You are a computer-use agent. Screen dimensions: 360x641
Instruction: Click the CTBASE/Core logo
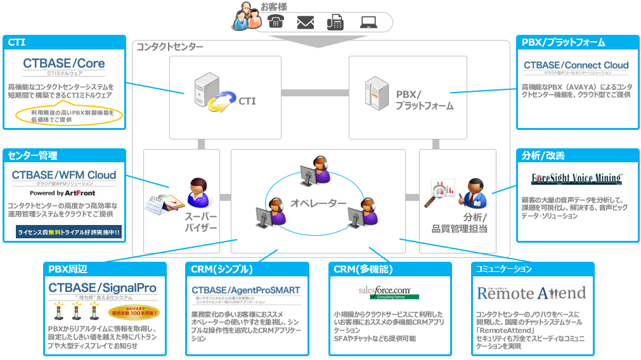click(x=64, y=65)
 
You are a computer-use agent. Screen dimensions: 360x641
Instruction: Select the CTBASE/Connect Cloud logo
click(x=576, y=67)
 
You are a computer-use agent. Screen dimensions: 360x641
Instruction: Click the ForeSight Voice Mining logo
click(x=576, y=179)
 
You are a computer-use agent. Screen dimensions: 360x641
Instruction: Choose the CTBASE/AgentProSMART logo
click(x=246, y=293)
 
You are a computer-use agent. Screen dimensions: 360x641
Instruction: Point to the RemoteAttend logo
click(x=531, y=293)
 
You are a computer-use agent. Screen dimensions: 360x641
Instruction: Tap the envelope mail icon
click(x=306, y=22)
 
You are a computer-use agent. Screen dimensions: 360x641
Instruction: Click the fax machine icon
click(x=335, y=22)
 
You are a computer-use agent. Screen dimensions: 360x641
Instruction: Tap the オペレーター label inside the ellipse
click(x=318, y=203)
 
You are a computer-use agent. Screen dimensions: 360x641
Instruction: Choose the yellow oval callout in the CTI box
click(x=69, y=115)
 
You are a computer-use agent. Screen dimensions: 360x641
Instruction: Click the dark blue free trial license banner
click(x=69, y=233)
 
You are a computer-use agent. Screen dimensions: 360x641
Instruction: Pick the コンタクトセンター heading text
click(x=170, y=47)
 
